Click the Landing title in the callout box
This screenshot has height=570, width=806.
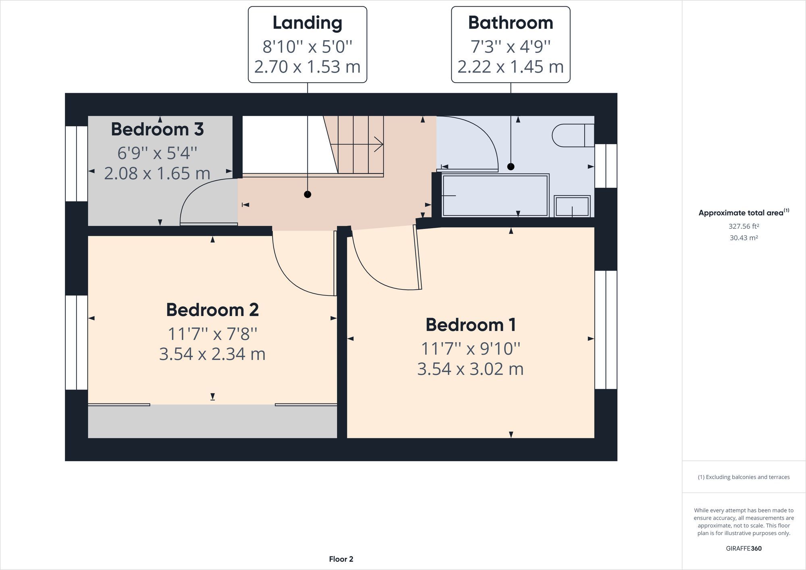[307, 23]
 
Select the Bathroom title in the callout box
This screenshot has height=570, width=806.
[510, 23]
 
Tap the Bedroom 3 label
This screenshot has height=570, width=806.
[157, 129]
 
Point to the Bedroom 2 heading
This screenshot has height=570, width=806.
[212, 310]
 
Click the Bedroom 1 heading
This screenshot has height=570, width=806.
[470, 325]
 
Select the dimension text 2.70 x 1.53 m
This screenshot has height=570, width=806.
[307, 67]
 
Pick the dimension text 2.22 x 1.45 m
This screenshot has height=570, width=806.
[510, 67]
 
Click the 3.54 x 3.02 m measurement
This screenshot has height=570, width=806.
[470, 369]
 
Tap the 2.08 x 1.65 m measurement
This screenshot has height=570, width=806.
[157, 174]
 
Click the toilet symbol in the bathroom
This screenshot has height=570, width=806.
[572, 135]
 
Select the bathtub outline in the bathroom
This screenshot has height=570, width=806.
[495, 196]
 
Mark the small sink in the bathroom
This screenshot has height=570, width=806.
[572, 206]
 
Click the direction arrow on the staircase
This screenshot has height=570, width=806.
[378, 144]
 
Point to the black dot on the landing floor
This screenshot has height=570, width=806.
[307, 195]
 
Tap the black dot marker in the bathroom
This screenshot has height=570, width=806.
[511, 166]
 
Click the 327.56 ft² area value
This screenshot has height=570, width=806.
[744, 227]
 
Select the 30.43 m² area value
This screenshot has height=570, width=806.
[744, 238]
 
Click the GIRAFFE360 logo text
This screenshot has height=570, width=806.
[744, 548]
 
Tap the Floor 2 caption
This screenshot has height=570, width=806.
[341, 559]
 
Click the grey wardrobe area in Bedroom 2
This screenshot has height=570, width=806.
[212, 421]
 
